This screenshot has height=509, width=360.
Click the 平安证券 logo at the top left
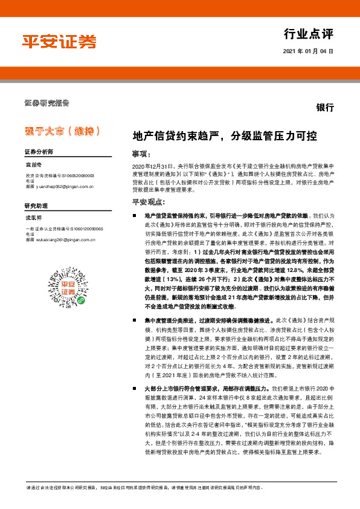click(59, 42)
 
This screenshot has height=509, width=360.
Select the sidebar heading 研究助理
click(36, 207)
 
